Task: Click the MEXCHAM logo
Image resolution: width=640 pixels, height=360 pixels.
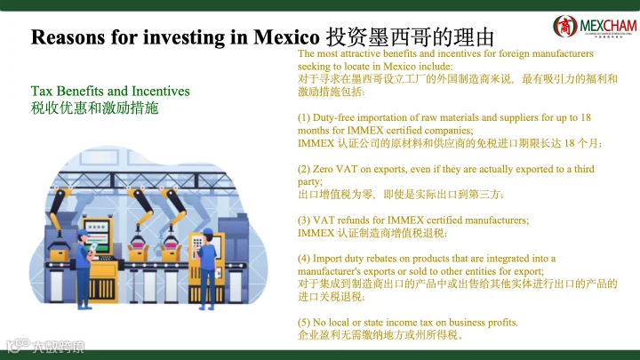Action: click(595, 27)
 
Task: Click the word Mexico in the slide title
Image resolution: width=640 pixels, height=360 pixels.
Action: click(286, 37)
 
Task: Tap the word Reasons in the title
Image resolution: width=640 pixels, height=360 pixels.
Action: click(68, 37)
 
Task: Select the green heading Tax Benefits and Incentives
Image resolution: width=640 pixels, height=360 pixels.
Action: click(110, 91)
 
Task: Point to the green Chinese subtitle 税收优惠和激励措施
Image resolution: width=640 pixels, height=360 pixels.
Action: click(94, 108)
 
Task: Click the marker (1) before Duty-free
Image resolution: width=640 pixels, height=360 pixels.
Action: click(304, 118)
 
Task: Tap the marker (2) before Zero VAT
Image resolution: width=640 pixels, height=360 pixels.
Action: click(304, 170)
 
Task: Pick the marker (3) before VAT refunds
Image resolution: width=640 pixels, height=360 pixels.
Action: click(304, 220)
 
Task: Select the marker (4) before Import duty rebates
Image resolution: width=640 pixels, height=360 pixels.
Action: click(304, 259)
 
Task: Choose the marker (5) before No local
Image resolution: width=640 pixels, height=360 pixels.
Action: click(304, 323)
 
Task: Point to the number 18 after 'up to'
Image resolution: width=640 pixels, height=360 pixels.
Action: click(586, 117)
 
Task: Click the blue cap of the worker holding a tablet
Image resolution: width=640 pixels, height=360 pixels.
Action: click(83, 233)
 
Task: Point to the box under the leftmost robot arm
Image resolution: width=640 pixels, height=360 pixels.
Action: click(60, 255)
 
